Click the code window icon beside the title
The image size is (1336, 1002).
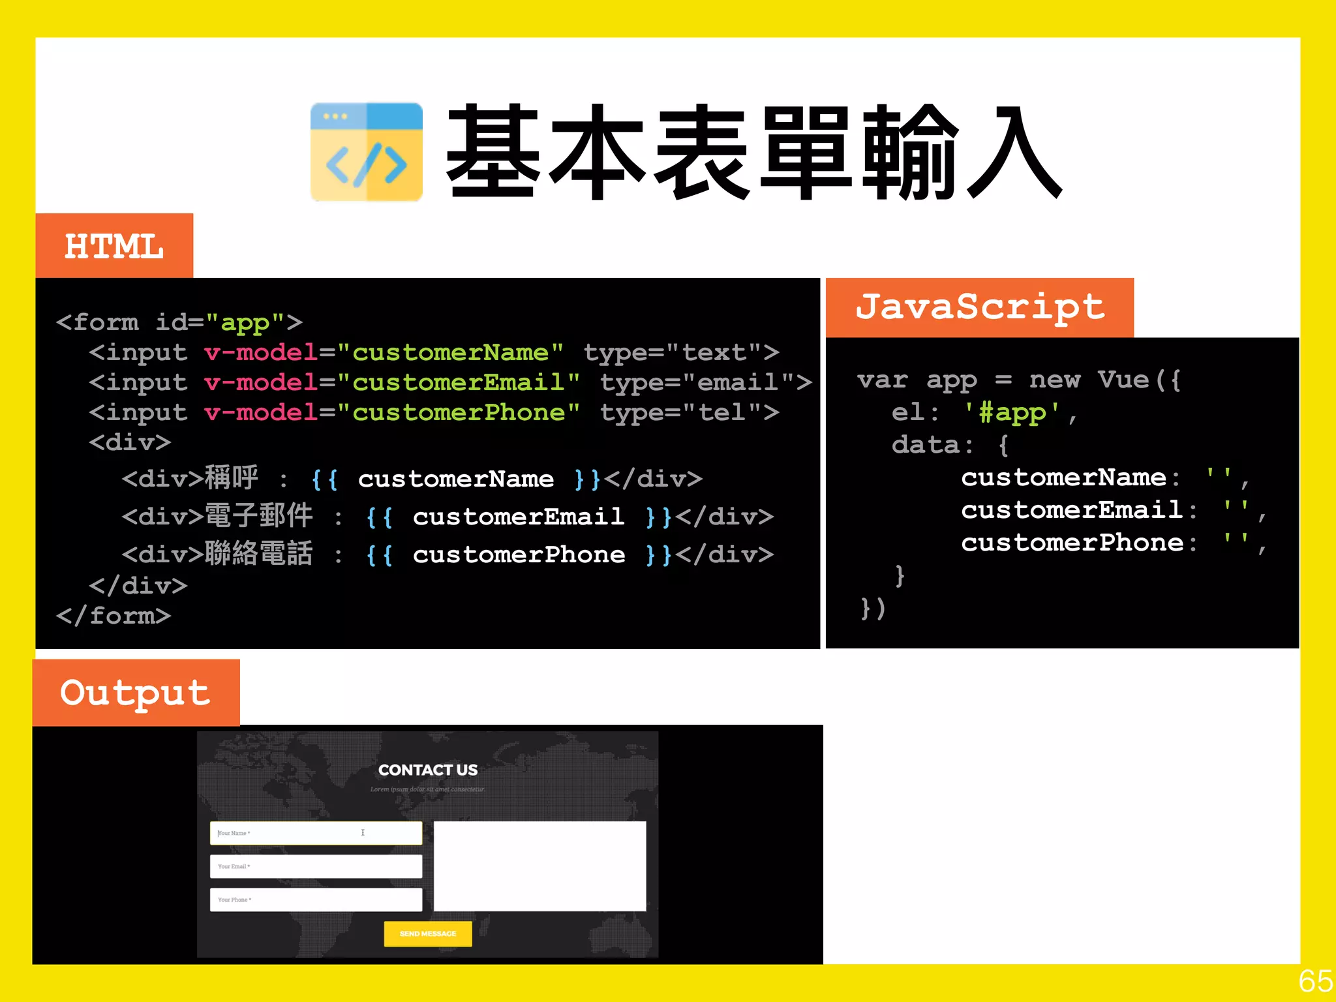(x=367, y=151)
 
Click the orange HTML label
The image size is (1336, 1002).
(x=114, y=246)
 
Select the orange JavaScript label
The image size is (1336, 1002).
(x=980, y=307)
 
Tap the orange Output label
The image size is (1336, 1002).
(x=136, y=693)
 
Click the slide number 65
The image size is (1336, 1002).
(x=1315, y=981)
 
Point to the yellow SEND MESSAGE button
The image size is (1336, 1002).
(x=428, y=934)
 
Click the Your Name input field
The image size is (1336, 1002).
(x=316, y=833)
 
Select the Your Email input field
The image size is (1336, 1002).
(x=316, y=866)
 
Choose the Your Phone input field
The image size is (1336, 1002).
(x=316, y=900)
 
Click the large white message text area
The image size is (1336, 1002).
(x=539, y=866)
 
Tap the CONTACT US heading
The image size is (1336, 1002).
(x=428, y=770)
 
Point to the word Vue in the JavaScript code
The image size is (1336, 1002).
(x=1123, y=379)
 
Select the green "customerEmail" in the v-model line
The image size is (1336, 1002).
(x=459, y=382)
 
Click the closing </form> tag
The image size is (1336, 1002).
(x=114, y=616)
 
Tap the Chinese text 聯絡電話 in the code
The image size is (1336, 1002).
(x=259, y=554)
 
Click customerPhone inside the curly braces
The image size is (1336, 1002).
(x=519, y=555)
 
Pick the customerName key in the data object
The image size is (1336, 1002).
(x=1063, y=478)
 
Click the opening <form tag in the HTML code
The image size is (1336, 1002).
(x=98, y=322)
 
